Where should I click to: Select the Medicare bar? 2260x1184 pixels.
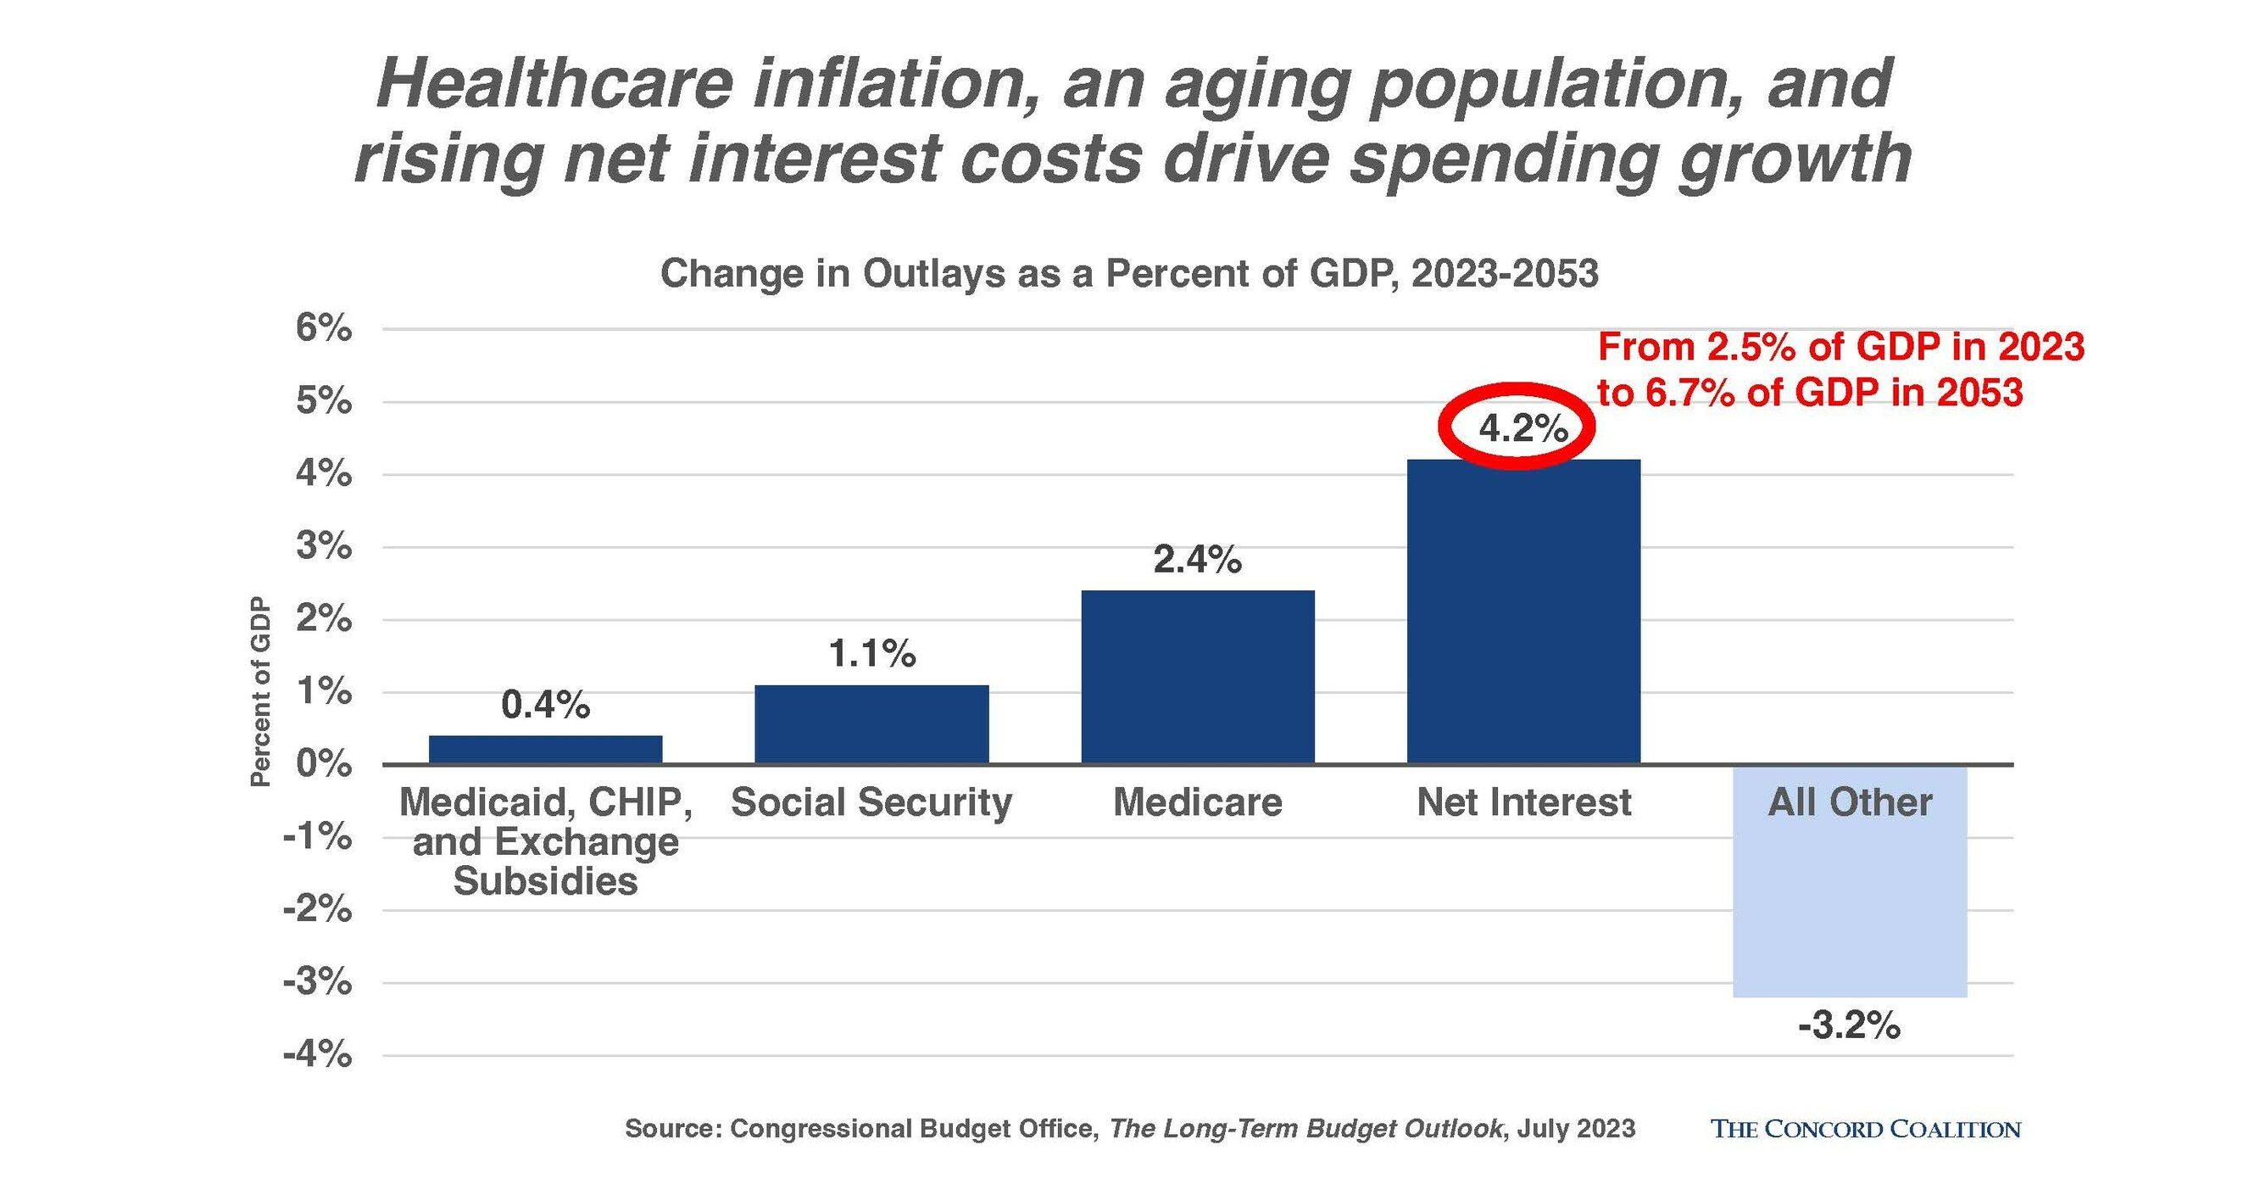pos(1198,676)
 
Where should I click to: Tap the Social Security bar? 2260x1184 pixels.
pos(871,724)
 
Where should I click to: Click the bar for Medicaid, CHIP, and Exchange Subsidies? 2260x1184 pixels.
pos(546,749)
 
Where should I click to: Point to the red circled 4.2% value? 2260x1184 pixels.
pos(1522,427)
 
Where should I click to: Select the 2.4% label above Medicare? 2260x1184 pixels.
pos(1197,559)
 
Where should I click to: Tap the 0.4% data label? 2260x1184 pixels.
pos(546,705)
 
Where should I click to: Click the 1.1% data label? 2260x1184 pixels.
pos(871,654)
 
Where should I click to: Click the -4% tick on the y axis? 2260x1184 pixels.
pos(317,1054)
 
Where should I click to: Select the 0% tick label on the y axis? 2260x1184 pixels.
pos(323,763)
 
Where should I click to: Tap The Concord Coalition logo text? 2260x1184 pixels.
pos(1865,1129)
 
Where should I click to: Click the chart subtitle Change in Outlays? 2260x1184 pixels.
pos(1129,274)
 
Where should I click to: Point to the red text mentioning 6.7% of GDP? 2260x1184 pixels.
pos(1809,392)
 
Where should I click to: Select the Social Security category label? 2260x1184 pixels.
pos(871,802)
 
